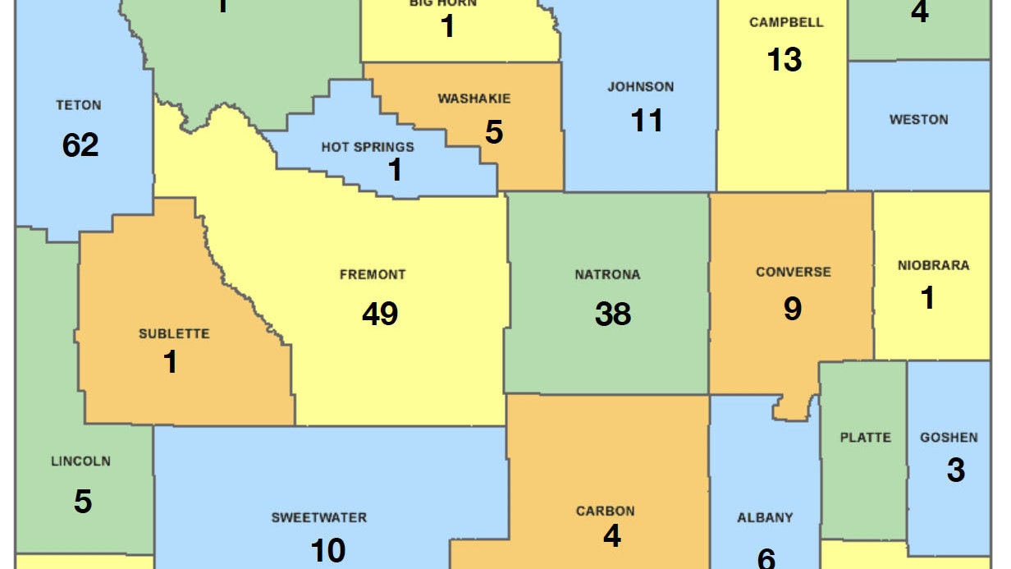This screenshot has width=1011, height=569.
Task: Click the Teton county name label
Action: pyautogui.click(x=79, y=105)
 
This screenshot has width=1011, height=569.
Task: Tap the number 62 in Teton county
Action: pyautogui.click(x=80, y=145)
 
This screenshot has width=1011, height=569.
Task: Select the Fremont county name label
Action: pyautogui.click(x=373, y=274)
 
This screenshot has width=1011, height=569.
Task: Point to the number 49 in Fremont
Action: pyautogui.click(x=380, y=314)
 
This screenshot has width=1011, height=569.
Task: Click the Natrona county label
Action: pyautogui.click(x=607, y=274)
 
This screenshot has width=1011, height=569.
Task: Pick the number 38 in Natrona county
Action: pyautogui.click(x=613, y=314)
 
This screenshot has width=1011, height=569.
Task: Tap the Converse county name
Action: pyautogui.click(x=793, y=272)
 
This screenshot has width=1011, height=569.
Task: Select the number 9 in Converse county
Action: pyautogui.click(x=793, y=309)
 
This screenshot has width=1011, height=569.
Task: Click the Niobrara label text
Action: pyautogui.click(x=933, y=265)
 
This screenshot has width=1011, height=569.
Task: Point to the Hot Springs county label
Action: pyautogui.click(x=367, y=148)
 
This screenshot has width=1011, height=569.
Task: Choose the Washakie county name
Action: pyautogui.click(x=473, y=99)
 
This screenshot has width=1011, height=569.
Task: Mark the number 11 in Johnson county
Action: pyautogui.click(x=647, y=122)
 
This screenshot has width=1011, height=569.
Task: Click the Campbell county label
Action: pyautogui.click(x=785, y=23)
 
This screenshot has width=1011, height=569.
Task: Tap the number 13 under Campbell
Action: pyautogui.click(x=785, y=59)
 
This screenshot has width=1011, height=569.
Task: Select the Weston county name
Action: pyautogui.click(x=918, y=120)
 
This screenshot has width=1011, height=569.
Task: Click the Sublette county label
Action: pyautogui.click(x=174, y=333)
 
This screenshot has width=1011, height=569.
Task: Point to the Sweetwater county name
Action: pyautogui.click(x=319, y=517)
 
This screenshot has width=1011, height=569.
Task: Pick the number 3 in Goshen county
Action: pyautogui.click(x=955, y=470)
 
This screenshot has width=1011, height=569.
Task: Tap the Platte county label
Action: pyautogui.click(x=865, y=437)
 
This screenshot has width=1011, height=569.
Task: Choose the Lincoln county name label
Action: pyautogui.click(x=80, y=461)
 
